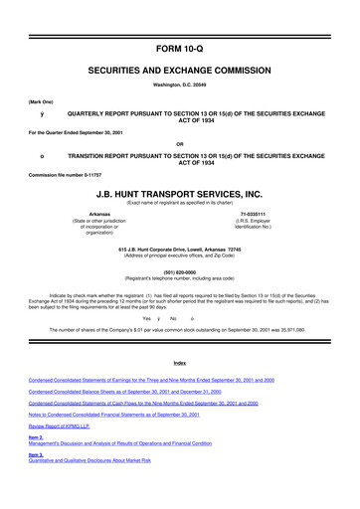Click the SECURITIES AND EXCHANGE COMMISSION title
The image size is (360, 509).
[179, 45]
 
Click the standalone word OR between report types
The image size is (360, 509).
[179, 139]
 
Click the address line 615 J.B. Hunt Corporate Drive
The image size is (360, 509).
[179, 248]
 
